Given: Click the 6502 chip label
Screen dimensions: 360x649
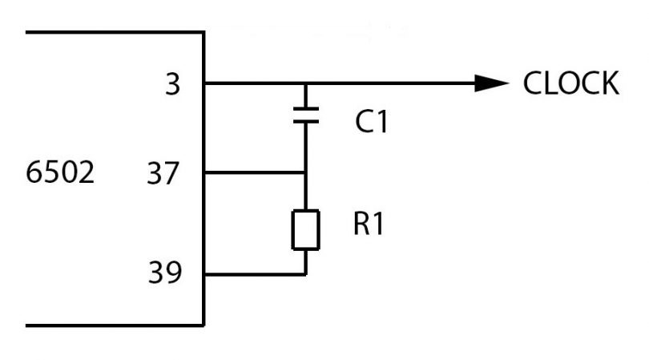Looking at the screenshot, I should pyautogui.click(x=61, y=172).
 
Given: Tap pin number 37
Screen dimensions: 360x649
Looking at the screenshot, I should pyautogui.click(x=163, y=172).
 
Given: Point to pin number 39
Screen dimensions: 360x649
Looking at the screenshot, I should pyautogui.click(x=163, y=274).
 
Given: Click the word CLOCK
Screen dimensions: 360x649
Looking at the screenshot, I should pyautogui.click(x=570, y=83).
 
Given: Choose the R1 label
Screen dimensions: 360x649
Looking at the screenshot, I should pyautogui.click(x=369, y=225).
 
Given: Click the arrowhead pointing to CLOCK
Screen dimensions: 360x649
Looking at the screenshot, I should pyautogui.click(x=490, y=83).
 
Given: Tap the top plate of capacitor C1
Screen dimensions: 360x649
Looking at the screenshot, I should pyautogui.click(x=306, y=110).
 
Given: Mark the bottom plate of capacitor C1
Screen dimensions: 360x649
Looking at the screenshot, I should pyautogui.click(x=306, y=122).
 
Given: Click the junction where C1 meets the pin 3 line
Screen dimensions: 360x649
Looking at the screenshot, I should pyautogui.click(x=306, y=83).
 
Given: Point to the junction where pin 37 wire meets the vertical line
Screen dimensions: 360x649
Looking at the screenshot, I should pyautogui.click(x=306, y=172).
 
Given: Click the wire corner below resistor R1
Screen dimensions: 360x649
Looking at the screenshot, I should pyautogui.click(x=306, y=274).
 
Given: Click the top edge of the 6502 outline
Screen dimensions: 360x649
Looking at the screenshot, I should pyautogui.click(x=112, y=32).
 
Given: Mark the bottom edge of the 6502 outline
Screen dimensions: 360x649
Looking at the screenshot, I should pyautogui.click(x=112, y=325).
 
